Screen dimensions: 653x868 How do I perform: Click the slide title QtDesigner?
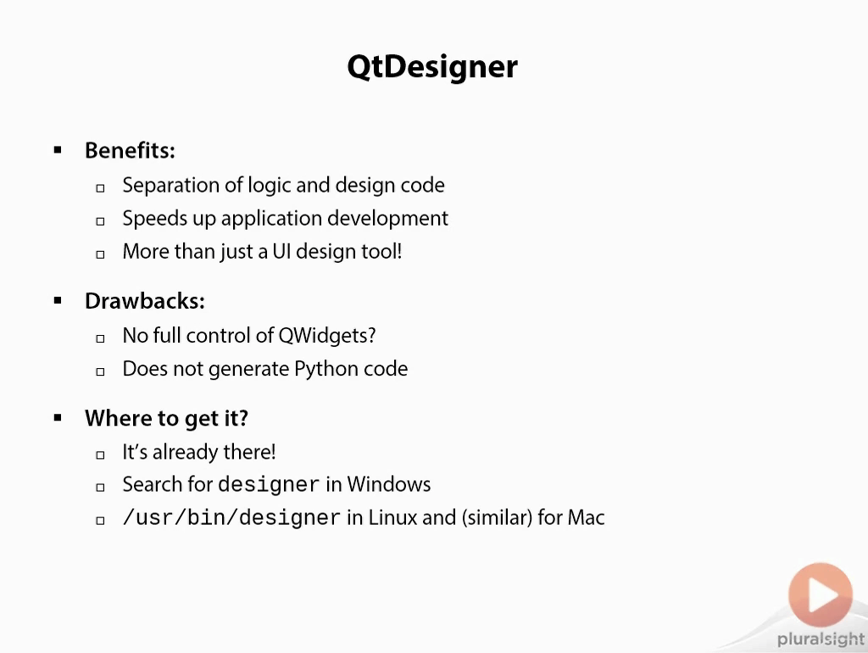coord(432,67)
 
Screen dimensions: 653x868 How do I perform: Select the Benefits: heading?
coord(130,151)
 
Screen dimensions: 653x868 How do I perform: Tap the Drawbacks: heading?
coord(144,301)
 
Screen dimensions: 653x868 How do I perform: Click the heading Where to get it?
coord(166,419)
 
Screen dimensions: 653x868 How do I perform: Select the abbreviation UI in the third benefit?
coord(281,252)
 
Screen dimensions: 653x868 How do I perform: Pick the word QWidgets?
coord(327,336)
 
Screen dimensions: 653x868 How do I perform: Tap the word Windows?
coord(388,484)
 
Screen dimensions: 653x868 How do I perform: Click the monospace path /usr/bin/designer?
coord(231,518)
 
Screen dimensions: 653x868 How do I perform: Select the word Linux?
coord(392,517)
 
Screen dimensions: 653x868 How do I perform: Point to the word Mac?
coord(586,517)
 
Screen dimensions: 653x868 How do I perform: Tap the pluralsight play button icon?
coord(820,595)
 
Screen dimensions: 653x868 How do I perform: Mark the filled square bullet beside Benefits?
coord(58,150)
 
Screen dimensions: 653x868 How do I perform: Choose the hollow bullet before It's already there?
coord(100,455)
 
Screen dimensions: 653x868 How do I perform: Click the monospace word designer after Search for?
coord(269,485)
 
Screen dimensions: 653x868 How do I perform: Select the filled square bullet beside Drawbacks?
coord(58,300)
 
